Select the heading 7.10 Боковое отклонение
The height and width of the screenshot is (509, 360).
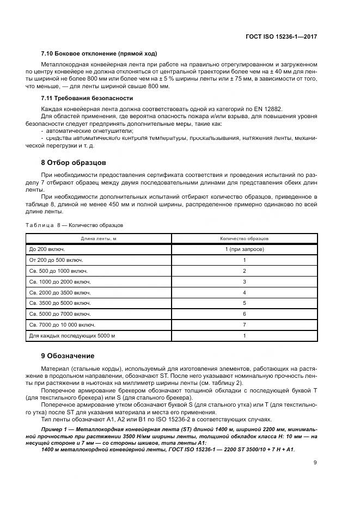pyautogui.click(x=99, y=54)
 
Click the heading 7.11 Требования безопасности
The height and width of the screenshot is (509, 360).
pyautogui.click(x=87, y=100)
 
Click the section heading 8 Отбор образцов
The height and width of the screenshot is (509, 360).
pyautogui.click(x=75, y=163)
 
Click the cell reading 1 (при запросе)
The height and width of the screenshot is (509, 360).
pyautogui.click(x=244, y=249)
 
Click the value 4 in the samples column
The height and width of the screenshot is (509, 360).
pyautogui.click(x=245, y=292)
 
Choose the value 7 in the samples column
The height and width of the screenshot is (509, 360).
pyautogui.click(x=245, y=325)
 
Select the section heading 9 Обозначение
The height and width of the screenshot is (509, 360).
pyautogui.click(x=68, y=356)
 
